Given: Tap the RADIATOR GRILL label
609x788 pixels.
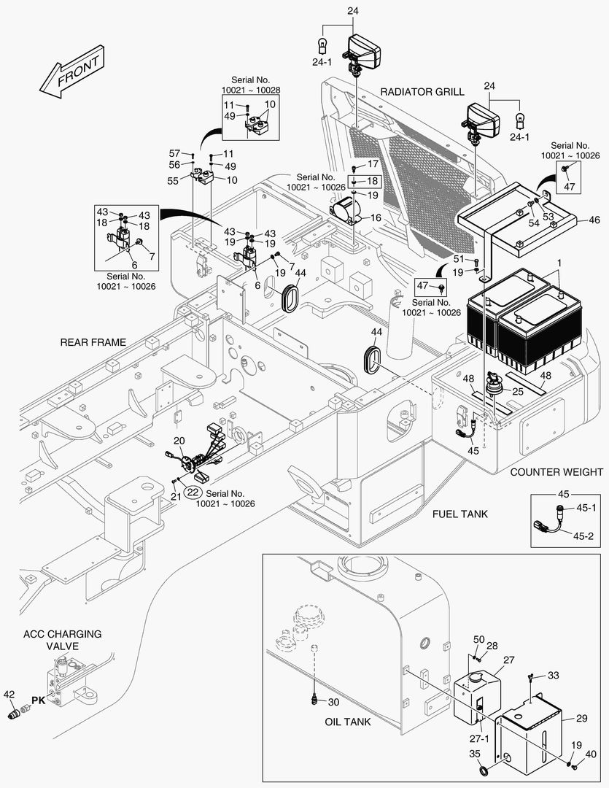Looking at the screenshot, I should coord(422,92).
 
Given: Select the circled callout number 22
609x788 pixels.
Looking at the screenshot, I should coord(193,492).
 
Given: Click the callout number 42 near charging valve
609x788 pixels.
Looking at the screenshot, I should coord(9,694).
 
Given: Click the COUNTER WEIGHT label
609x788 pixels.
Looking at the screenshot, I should coord(556,472).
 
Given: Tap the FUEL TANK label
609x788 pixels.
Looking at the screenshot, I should coord(459,514).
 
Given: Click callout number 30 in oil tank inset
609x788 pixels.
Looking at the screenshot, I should coord(333,702).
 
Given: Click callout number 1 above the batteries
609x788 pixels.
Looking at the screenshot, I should coord(560,262).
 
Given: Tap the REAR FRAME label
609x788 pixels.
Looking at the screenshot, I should coord(93,341).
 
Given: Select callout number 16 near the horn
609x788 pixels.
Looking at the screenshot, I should coord(376,217).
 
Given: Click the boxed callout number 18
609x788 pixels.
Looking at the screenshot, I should coord(372,180).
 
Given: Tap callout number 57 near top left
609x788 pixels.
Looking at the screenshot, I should coord(175,153).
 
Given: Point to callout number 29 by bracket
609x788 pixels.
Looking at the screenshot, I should coord(581,718).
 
